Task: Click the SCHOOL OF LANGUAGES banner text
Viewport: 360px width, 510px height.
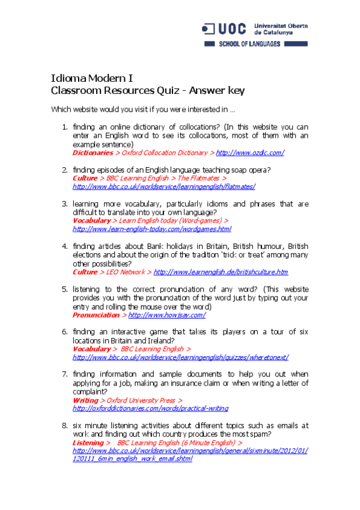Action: click(249, 45)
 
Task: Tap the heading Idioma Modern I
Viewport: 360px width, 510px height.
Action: click(92, 78)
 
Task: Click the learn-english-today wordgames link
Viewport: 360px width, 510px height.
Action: click(151, 229)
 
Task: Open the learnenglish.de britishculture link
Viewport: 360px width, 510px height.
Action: click(221, 272)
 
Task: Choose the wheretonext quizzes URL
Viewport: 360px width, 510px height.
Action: click(180, 357)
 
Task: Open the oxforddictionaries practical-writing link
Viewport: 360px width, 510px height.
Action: click(150, 408)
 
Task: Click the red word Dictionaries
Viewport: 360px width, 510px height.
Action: click(93, 153)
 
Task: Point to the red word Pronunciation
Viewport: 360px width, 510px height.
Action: click(96, 315)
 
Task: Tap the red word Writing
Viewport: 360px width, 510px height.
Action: click(85, 400)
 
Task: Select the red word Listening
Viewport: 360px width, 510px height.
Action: click(88, 442)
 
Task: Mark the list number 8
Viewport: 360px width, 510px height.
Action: click(64, 425)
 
